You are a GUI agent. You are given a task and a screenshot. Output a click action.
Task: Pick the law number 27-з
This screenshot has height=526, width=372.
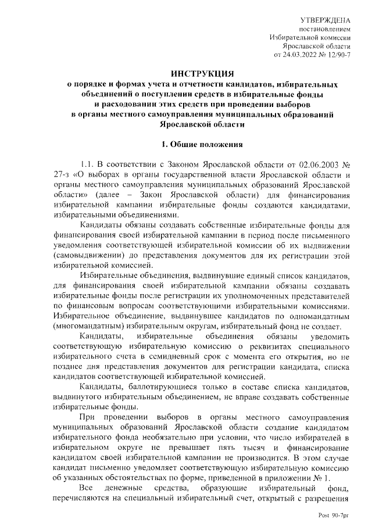pos(61,175)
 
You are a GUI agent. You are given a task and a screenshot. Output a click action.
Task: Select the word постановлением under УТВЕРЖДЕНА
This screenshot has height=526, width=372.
pos(325,28)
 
